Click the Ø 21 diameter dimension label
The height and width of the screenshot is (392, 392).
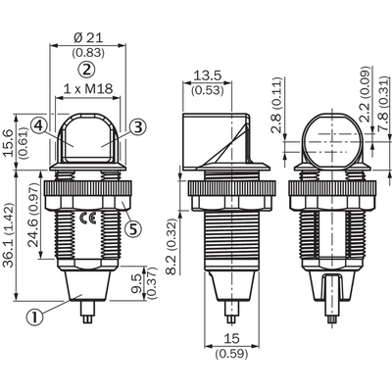click(88, 38)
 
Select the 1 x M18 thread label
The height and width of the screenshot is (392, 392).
click(88, 89)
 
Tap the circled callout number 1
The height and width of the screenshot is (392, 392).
click(35, 317)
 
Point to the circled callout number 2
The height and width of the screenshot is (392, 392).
click(86, 70)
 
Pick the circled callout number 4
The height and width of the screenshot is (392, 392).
click(39, 125)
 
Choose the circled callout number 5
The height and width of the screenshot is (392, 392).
click(133, 228)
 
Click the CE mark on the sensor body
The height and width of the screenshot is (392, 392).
click(88, 218)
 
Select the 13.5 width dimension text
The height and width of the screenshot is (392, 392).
click(208, 75)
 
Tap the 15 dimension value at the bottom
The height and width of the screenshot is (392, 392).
click(231, 339)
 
